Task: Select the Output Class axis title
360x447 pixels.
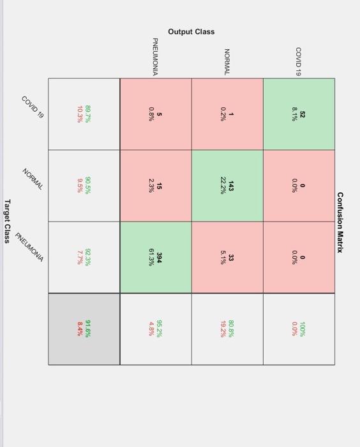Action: pos(191,31)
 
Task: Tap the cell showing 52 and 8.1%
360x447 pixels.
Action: pos(299,114)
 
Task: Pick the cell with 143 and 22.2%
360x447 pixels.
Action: pos(227,186)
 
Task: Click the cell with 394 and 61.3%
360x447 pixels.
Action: pos(156,257)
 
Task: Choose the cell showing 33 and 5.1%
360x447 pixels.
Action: pos(227,257)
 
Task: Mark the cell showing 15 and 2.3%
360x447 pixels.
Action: pos(156,186)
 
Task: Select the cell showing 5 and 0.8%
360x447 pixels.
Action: pos(156,114)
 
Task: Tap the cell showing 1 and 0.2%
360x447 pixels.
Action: pos(227,114)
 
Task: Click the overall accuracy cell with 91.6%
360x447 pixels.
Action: pos(84,329)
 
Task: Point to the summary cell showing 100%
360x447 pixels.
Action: pos(299,329)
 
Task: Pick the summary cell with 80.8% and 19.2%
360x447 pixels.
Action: pos(227,329)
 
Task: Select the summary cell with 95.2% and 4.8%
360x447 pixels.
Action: pos(156,329)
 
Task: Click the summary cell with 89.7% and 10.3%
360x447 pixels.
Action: pos(84,114)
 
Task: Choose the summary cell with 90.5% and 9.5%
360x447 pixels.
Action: pos(84,186)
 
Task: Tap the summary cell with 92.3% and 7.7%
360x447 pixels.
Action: pos(84,257)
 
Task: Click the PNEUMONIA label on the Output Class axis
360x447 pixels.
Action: pos(155,57)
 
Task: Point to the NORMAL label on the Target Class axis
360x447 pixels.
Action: pos(33,179)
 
